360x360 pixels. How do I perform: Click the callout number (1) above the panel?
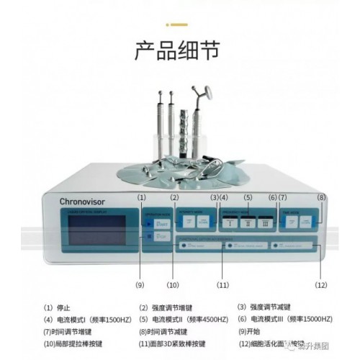[143, 197]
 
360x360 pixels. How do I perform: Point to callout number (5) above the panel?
[247, 197]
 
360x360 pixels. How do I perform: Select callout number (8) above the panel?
[321, 197]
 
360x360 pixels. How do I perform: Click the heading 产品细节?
[179, 52]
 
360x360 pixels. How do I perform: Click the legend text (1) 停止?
[58, 307]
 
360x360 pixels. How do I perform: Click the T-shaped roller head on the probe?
[204, 92]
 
